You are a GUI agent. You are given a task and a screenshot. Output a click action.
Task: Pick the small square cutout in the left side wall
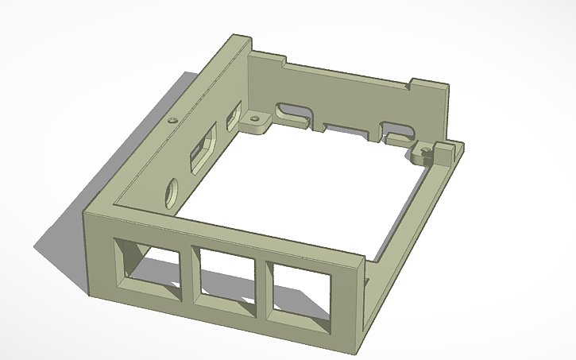233,118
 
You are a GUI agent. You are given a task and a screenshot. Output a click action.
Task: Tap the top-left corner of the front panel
89,213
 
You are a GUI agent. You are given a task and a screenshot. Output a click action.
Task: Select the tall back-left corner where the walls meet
240,46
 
